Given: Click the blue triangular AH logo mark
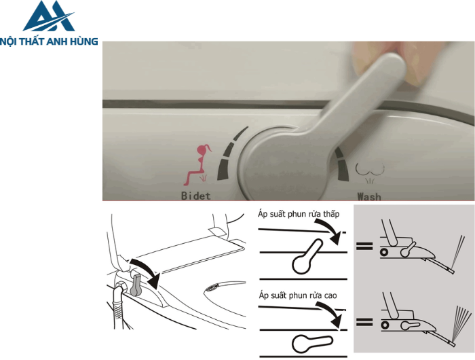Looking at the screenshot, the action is pos(49,17).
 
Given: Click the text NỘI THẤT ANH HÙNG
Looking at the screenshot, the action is pos(49,41).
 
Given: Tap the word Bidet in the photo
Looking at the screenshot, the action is pos(195,196).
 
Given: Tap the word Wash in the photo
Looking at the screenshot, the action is pos(369,196).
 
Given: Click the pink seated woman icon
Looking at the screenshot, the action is pos(197,164).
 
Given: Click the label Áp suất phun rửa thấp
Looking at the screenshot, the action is pos(299,214).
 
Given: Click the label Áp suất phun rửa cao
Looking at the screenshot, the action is pos(298,295).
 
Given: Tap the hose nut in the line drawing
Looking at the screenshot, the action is pos(121,287).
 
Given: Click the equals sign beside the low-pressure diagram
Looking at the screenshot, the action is pos(364,246).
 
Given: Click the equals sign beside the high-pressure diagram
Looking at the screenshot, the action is pos(364,322).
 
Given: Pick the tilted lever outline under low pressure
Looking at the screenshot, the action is pos(307,256).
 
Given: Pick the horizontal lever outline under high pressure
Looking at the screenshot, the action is pos(312,344).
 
